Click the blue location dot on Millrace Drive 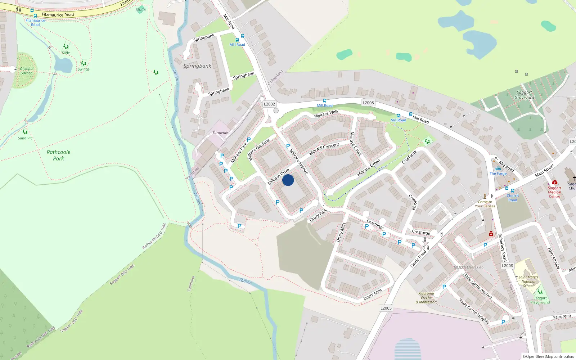coord(288,180)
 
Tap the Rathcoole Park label coord(58,155)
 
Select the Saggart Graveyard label coord(524,95)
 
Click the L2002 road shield coord(269,104)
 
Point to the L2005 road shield coord(386,308)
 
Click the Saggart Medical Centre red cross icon coord(554,182)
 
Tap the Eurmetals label coord(220,133)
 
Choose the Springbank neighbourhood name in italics coord(197,66)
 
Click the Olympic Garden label coord(26,71)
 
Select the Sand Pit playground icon coord(25,132)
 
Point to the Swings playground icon coord(84,63)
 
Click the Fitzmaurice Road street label coord(58,15)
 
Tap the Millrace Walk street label coord(326,114)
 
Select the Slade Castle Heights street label coord(474,311)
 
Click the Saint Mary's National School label coord(528,282)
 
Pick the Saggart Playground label coord(540,300)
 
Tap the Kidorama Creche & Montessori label coord(426,298)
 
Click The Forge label coord(498,174)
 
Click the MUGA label coord(141,10)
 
